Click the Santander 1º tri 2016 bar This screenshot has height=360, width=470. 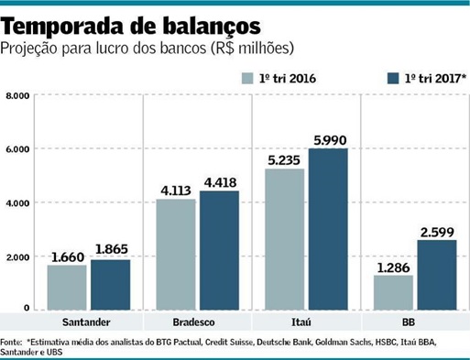pyautogui.click(x=67, y=287)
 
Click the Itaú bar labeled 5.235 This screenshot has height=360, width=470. pyautogui.click(x=284, y=239)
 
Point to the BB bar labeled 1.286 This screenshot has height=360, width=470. pyautogui.click(x=393, y=292)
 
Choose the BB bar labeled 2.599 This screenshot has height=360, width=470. pyautogui.click(x=436, y=274)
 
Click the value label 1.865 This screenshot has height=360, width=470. pyautogui.click(x=111, y=250)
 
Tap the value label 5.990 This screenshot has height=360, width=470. pyautogui.click(x=328, y=139)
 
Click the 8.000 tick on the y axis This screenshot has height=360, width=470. pyautogui.click(x=18, y=95)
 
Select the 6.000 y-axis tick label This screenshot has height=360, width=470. pyautogui.click(x=18, y=149)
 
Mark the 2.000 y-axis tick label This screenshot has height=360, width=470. pyautogui.click(x=18, y=256)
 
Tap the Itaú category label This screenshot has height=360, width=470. pyautogui.click(x=306, y=323)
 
